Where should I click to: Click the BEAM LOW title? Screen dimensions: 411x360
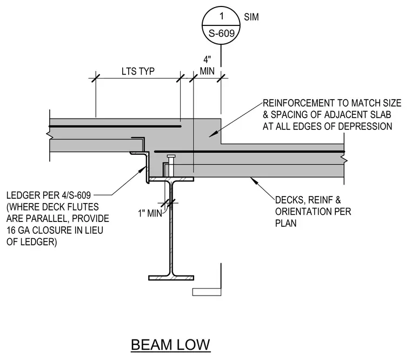pyautogui.click(x=170, y=344)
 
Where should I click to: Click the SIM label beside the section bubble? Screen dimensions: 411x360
pyautogui.click(x=251, y=17)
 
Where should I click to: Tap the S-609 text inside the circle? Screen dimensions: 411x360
pyautogui.click(x=222, y=34)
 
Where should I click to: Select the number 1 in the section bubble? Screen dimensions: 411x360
pyautogui.click(x=222, y=16)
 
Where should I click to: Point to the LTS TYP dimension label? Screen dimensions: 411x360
pyautogui.click(x=138, y=71)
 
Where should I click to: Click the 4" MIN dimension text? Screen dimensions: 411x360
pyautogui.click(x=207, y=66)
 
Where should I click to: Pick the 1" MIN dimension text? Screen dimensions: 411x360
pyautogui.click(x=150, y=213)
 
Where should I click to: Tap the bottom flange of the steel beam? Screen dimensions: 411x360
pyautogui.click(x=171, y=278)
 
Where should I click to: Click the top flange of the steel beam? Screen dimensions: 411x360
pyautogui.click(x=171, y=179)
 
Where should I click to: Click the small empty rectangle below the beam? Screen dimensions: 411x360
pyautogui.click(x=207, y=292)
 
